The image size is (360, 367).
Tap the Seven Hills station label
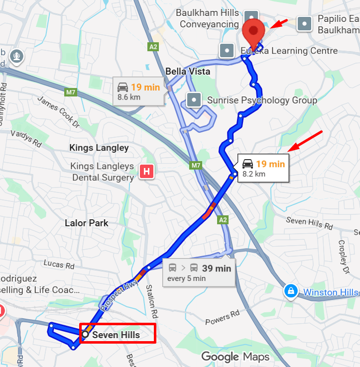click(x=116, y=335)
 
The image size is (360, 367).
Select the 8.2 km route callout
click(x=262, y=169)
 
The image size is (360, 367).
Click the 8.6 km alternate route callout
click(x=138, y=92)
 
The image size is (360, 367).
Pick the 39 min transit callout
click(x=199, y=273)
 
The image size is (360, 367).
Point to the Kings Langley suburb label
click(x=99, y=148)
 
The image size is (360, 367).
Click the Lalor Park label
click(x=87, y=223)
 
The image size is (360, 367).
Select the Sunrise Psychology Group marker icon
click(x=193, y=100)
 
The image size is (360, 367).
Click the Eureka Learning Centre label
click(x=289, y=51)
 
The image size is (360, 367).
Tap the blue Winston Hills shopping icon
click(x=290, y=291)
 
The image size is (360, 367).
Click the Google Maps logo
click(x=235, y=357)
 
